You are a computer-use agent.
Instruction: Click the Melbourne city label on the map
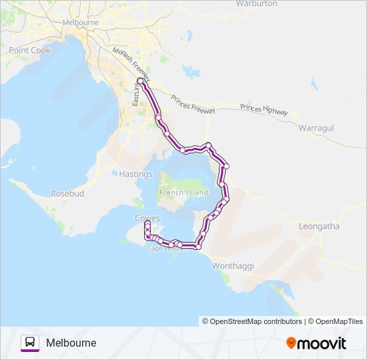point(80,22)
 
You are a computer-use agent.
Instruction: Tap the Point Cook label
point(29,50)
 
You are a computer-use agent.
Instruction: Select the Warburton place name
point(256,4)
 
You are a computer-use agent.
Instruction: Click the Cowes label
point(147,218)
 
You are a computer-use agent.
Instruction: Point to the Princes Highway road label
point(264,109)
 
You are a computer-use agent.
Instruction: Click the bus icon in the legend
point(30,343)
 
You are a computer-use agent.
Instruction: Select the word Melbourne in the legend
point(71,343)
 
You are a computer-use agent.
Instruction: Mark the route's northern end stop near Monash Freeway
point(139,81)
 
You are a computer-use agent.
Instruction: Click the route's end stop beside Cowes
point(147,224)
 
